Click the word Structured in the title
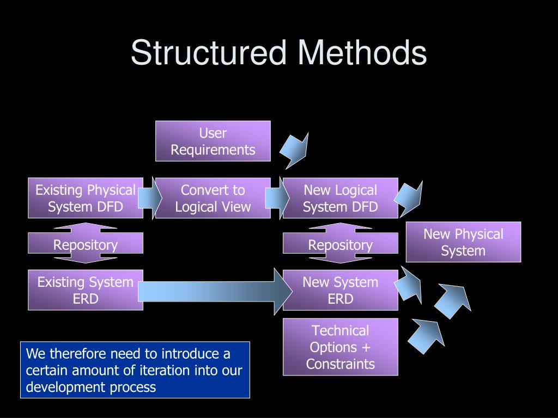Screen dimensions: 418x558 click(208, 53)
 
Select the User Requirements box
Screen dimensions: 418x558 click(213, 141)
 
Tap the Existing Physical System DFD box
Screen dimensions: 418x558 click(86, 198)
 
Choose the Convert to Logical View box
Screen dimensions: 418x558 click(213, 198)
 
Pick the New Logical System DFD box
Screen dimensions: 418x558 click(341, 198)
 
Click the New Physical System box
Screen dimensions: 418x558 click(463, 242)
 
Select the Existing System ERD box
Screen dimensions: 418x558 click(86, 290)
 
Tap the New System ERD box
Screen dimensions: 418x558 click(341, 290)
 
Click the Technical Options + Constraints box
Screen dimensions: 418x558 click(341, 347)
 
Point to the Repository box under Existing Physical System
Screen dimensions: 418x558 click(86, 244)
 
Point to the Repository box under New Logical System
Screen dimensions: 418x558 click(341, 244)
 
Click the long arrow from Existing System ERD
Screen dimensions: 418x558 click(215, 290)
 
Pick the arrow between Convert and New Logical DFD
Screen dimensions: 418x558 click(277, 197)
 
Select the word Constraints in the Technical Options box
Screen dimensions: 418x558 click(341, 364)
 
